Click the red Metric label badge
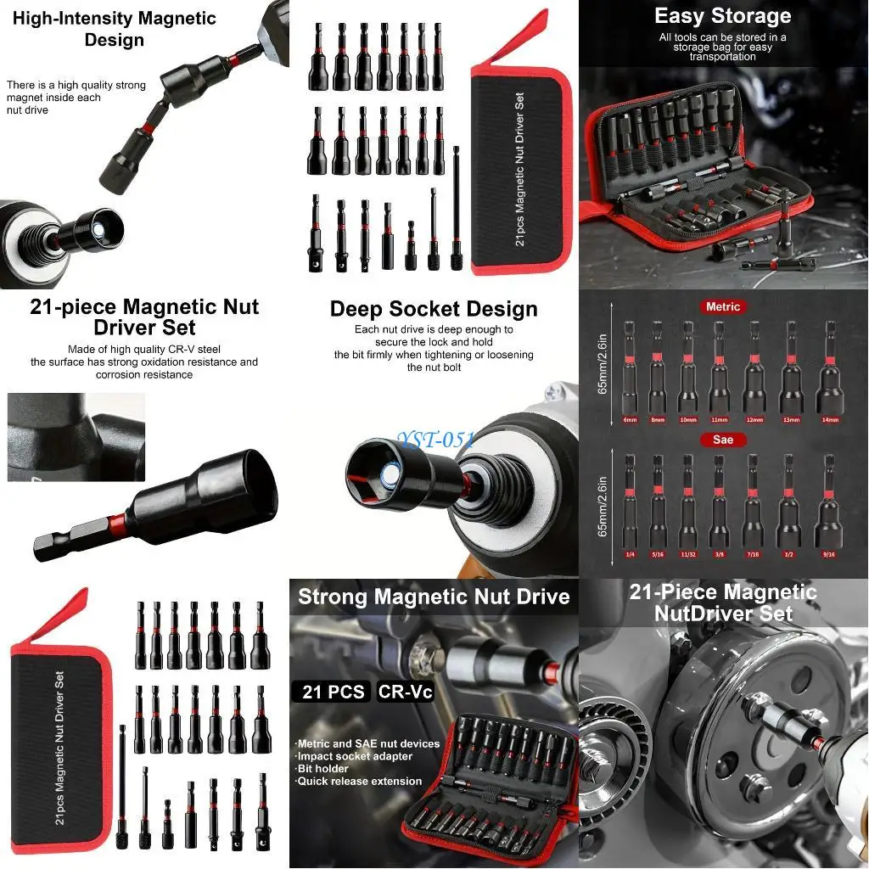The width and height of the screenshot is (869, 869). click(x=723, y=306)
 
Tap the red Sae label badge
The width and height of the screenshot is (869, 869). click(x=723, y=440)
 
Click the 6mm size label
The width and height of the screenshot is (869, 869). click(x=629, y=419)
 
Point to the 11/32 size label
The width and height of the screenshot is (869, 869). click(x=688, y=554)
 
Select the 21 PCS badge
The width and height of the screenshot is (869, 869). click(x=334, y=692)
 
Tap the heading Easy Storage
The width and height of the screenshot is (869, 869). click(x=723, y=15)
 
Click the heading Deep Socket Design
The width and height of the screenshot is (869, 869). click(x=434, y=309)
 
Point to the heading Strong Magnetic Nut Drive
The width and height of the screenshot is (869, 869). click(x=434, y=597)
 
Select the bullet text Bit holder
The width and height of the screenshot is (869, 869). click(x=324, y=768)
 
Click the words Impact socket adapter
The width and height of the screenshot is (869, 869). click(x=355, y=756)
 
